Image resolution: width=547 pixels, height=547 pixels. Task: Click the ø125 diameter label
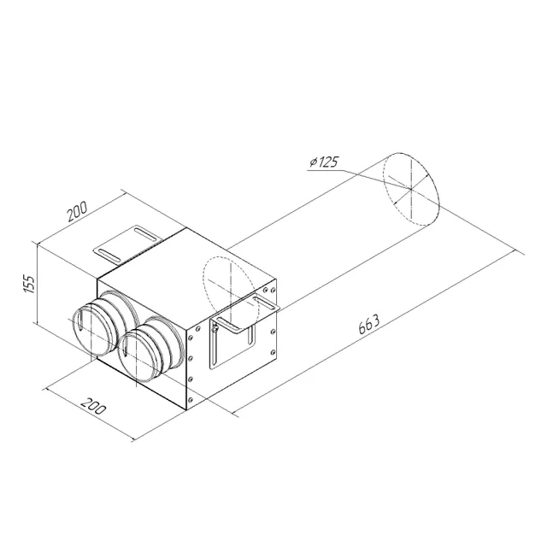pos(324,162)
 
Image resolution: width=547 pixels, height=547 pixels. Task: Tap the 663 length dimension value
pos(368,324)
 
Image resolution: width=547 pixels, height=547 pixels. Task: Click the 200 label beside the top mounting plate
pos(77,211)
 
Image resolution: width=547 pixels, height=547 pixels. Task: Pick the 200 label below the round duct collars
pos(93,405)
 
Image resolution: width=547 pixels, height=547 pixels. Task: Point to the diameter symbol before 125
pos(313,162)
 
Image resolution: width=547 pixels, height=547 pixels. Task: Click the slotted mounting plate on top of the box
pos(127,243)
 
